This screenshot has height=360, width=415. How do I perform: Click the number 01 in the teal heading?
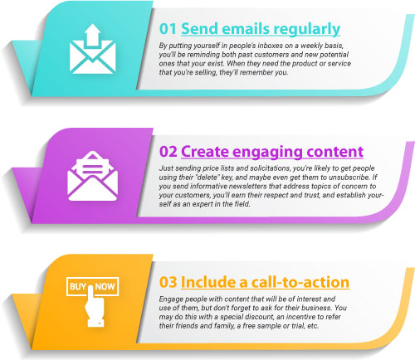coord(168,29)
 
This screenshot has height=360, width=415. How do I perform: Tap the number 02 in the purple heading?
coord(168,152)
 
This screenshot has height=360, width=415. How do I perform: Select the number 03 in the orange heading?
coord(168,282)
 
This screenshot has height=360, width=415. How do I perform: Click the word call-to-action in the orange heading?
coord(300,282)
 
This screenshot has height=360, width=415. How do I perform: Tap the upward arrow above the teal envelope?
coord(92,35)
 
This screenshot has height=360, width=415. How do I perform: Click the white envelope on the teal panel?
coord(92,57)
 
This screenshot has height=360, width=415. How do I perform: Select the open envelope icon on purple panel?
coord(93,176)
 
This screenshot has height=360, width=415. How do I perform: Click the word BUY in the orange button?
coord(78,286)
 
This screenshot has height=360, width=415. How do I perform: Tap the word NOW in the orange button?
coord(105,286)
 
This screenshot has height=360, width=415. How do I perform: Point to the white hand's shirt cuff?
coord(95,323)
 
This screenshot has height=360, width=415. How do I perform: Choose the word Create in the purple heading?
coord(205,152)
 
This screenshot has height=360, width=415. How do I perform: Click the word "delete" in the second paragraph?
coord(207,177)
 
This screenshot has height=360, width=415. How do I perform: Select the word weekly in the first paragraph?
coord(312,46)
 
